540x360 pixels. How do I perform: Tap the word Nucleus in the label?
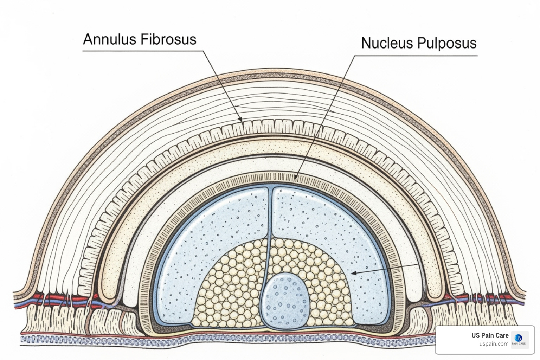click(387, 43)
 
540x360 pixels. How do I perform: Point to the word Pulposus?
click(447, 43)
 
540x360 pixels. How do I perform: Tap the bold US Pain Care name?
click(490, 335)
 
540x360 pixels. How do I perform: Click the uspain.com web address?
click(494, 343)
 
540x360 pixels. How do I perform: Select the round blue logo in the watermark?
click(519, 338)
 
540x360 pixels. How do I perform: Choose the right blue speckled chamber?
click(337, 229)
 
